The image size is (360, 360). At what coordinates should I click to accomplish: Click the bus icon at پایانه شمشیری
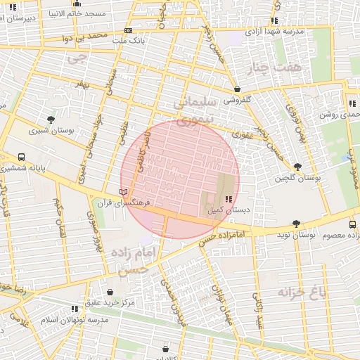[x=22, y=157]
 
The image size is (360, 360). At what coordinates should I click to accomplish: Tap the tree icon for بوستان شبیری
[x=50, y=120]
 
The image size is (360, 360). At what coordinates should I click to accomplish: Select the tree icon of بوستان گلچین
[x=298, y=167]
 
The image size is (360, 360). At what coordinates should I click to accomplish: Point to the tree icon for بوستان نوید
[x=296, y=225]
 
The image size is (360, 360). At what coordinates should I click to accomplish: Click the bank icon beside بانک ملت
[x=127, y=30]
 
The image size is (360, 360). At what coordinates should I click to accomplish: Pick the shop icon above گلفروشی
[x=237, y=89]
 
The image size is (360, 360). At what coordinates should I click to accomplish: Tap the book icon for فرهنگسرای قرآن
[x=124, y=192]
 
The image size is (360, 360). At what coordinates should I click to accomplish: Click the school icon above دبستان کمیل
[x=227, y=200]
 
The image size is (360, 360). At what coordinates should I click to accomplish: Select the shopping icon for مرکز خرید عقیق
[x=110, y=292]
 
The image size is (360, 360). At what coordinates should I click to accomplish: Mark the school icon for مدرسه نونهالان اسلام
[x=75, y=309]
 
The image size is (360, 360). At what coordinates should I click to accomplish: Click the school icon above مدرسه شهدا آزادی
[x=274, y=21]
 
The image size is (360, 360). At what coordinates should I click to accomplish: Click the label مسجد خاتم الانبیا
[x=78, y=13]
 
